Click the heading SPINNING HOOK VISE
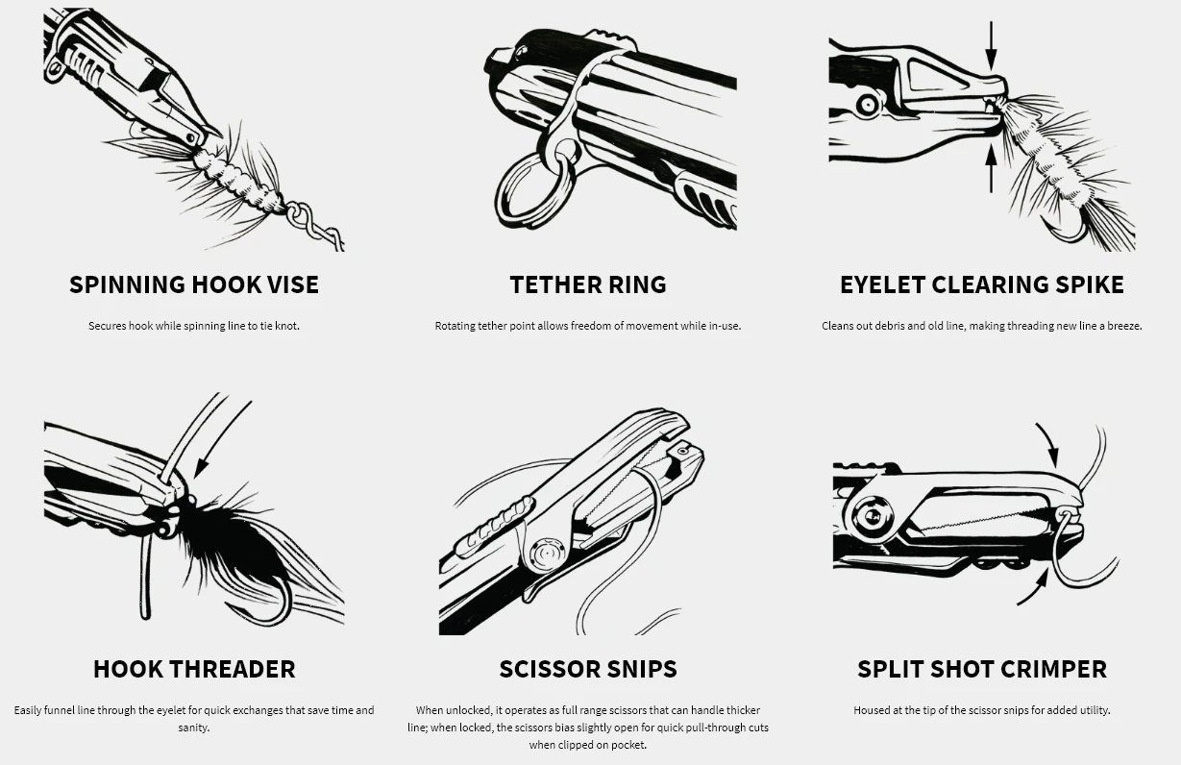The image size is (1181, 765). click(193, 284)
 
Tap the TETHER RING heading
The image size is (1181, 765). click(587, 284)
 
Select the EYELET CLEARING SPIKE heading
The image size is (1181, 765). click(981, 284)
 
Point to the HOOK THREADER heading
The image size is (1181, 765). click(194, 669)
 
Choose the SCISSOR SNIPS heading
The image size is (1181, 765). click(587, 669)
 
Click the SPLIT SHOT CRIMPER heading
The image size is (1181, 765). click(981, 669)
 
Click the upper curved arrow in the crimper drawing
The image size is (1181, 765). click(1048, 445)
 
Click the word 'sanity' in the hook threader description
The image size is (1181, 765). click(194, 728)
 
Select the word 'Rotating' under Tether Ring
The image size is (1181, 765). click(455, 326)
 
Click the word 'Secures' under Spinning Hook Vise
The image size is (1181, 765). click(107, 326)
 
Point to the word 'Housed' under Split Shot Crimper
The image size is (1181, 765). click(872, 710)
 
